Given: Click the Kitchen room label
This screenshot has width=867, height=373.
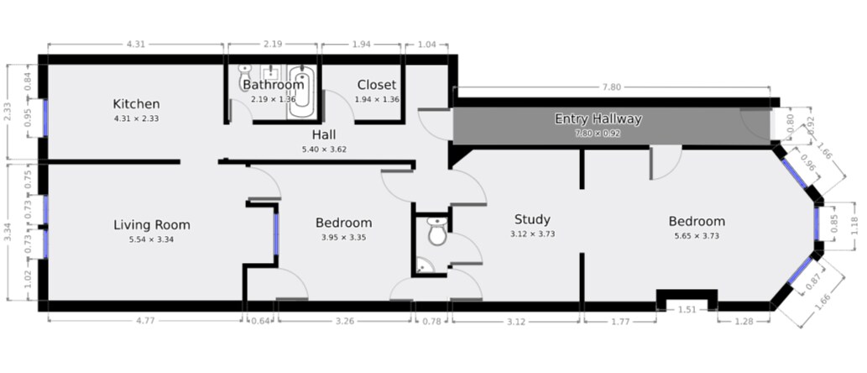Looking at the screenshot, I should point(136,104).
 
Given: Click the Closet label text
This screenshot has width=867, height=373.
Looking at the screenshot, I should point(376,85).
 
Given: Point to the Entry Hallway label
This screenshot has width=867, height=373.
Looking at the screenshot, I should point(598,119).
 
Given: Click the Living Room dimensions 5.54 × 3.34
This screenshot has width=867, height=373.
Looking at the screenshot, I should point(152,239).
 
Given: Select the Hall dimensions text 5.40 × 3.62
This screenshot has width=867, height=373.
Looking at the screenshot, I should point(324,150).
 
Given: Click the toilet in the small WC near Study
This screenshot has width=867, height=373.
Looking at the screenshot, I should point(436,231).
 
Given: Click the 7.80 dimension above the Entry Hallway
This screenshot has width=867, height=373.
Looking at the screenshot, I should point(612,87).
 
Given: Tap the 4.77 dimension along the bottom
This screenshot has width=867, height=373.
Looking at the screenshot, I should point(145,319).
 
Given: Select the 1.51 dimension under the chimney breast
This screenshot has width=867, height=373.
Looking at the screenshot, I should point(687,309).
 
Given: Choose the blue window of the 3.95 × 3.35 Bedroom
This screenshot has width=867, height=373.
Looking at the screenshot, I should point(276,233).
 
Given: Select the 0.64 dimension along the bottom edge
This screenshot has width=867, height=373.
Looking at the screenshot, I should point(260,319).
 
